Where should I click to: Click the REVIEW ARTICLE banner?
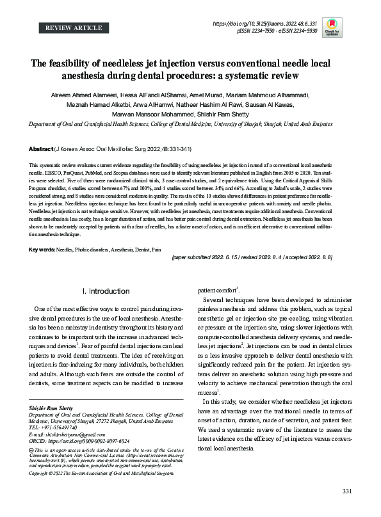(x=74, y=28)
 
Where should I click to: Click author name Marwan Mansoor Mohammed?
(x=148, y=115)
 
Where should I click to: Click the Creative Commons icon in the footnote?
(x=33, y=451)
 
